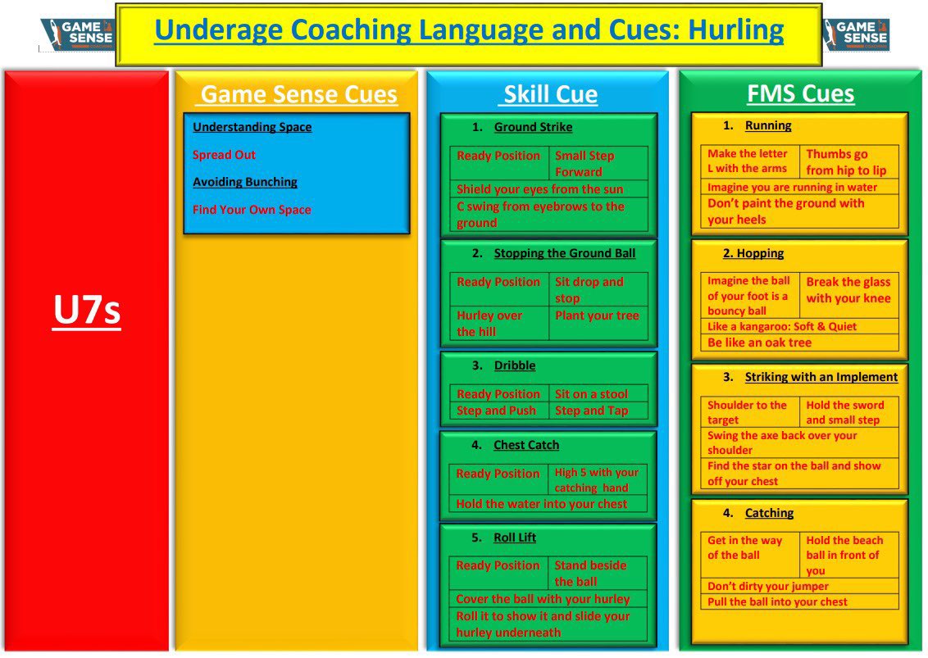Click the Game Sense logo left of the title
point(76,34)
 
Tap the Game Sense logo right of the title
point(856,34)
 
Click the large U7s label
point(86,311)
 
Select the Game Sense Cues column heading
point(298,94)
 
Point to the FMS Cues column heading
point(800,94)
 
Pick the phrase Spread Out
point(224,155)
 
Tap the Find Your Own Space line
point(252,210)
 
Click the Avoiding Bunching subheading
point(244,182)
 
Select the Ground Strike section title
point(533,127)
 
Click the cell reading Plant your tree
point(596,315)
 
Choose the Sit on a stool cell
point(591,394)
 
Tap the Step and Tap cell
point(591,411)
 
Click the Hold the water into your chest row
point(541,504)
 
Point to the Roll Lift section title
point(515,538)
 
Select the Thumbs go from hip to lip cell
point(846,162)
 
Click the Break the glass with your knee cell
point(848,290)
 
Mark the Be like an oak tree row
point(759,343)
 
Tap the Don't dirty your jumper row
point(768,586)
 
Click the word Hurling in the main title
point(735,30)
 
